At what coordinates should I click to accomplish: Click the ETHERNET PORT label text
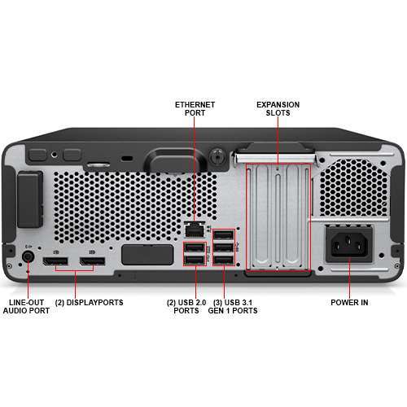point(195,110)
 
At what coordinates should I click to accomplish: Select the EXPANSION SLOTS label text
point(278,110)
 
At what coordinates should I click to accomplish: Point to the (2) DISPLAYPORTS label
point(89,302)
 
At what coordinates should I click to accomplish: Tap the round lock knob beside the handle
point(217,154)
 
